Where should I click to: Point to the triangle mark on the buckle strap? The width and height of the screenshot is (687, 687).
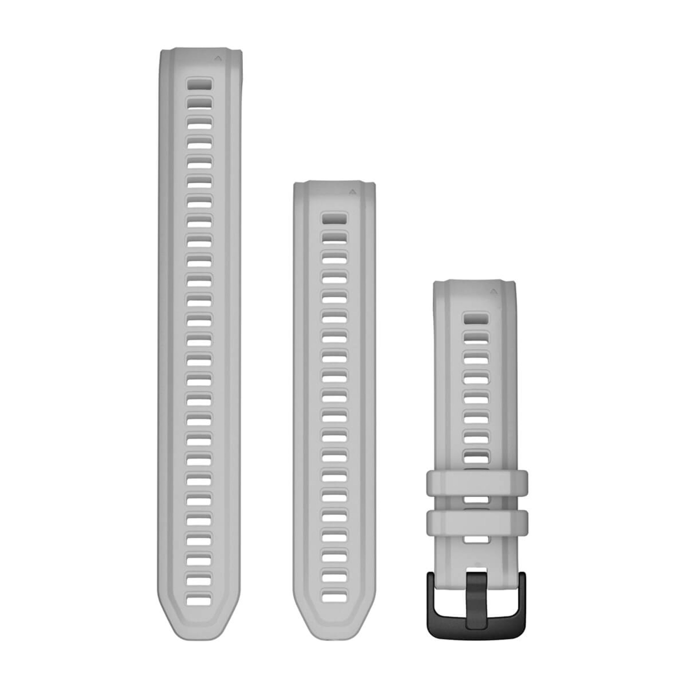point(493,291)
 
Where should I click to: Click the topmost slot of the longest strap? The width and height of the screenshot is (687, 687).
point(199,84)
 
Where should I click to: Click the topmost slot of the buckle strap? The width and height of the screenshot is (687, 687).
point(476,318)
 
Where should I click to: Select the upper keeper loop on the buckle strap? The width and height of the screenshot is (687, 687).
point(477,482)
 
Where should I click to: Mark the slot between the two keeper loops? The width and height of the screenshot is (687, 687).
point(476,500)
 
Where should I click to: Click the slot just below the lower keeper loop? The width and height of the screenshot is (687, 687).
point(476,540)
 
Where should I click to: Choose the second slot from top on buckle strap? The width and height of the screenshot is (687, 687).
point(476,338)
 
